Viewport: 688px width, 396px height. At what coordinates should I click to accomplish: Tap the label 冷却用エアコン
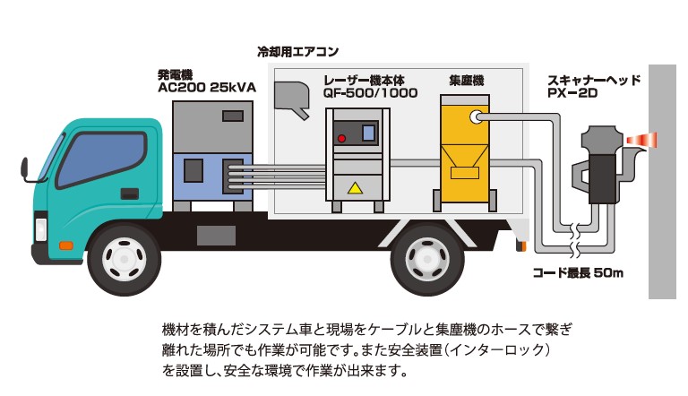pos(297,52)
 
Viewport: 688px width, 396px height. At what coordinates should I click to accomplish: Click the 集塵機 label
pos(466,80)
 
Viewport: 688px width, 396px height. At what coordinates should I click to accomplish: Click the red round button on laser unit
pos(341,138)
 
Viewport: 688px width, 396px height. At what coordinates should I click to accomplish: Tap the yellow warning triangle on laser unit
pos(357,188)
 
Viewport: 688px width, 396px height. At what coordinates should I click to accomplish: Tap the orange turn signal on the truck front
pos(65,245)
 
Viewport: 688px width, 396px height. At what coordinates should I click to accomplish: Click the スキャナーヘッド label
pos(594,80)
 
